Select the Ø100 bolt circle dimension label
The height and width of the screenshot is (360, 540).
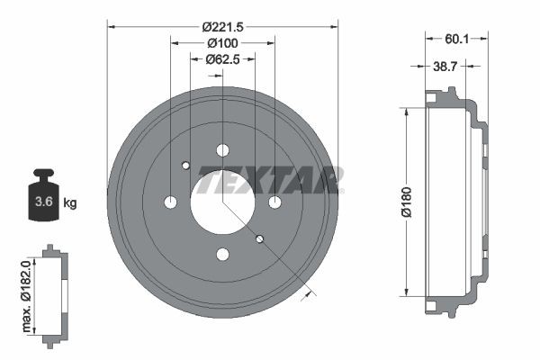(x=221, y=43)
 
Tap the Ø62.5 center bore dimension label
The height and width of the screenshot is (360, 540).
(x=221, y=59)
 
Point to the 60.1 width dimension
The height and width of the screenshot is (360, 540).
(x=457, y=39)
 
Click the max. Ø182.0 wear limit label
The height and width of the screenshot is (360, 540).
(x=27, y=292)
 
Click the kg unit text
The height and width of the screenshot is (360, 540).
(x=70, y=202)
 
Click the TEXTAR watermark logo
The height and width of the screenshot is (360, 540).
(x=270, y=180)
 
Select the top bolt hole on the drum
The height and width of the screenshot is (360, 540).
(x=223, y=150)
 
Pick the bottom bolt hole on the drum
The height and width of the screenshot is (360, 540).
(x=223, y=254)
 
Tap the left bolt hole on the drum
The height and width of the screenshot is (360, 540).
(x=171, y=202)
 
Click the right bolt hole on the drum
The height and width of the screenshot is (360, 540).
(x=274, y=202)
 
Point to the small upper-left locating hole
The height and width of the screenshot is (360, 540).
(x=185, y=165)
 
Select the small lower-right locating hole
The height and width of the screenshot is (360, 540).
(x=259, y=238)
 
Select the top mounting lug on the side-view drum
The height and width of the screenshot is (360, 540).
(x=440, y=92)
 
